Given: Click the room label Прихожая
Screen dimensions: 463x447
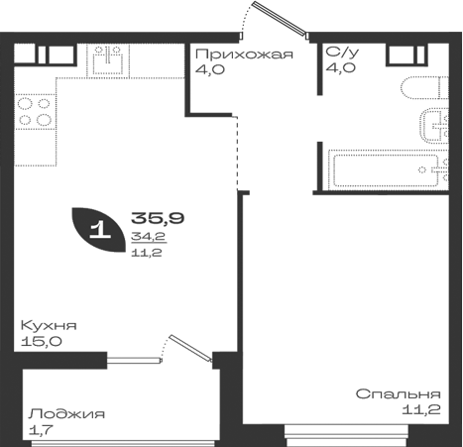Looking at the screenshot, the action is pos(244,54).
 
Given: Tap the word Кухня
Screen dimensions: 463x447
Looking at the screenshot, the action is pos(49,325).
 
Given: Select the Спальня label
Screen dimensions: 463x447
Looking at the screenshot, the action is pos(399,393).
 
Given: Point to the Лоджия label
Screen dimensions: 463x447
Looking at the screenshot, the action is pos(66,414).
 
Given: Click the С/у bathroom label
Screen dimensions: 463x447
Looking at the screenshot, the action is pos(342,53).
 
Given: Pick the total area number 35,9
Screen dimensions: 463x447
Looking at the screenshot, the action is pos(158,218).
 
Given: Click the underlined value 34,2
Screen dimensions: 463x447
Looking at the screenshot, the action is pos(149,237).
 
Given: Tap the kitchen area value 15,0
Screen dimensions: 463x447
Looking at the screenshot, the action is pos(41,341).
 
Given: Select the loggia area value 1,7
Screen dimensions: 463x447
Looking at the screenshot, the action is pos(41,430).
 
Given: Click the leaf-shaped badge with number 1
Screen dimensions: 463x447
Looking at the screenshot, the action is pos(99,230).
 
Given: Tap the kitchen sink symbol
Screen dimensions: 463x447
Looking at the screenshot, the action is pos(108,60).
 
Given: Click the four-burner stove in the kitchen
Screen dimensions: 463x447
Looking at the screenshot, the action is pos(35,112).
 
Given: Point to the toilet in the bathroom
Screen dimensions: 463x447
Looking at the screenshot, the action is pos(424,88).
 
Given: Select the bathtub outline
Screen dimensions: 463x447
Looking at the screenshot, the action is pos(389,169).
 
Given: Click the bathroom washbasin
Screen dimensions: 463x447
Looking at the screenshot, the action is pos(434,126).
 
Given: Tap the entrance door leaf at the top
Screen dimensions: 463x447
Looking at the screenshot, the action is pos(280,19).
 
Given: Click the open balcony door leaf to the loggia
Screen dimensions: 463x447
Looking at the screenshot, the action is pos(190,348).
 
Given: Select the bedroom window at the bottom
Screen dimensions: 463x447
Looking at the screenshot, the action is pos(346,435).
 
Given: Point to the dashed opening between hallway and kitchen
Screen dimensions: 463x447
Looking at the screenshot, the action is pos(237,153).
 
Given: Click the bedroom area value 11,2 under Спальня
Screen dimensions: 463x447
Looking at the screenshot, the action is pos(421,410).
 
